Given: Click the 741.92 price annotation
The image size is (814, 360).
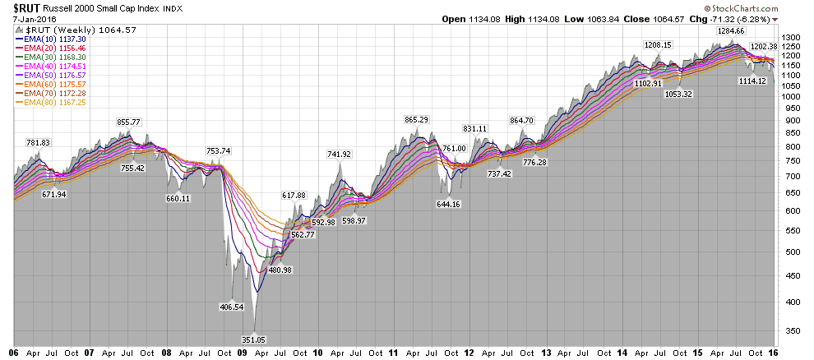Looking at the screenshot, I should [x=339, y=154].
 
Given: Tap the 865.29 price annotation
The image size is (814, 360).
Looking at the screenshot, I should [x=417, y=119].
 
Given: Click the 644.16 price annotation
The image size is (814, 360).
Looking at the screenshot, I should [x=450, y=204].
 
